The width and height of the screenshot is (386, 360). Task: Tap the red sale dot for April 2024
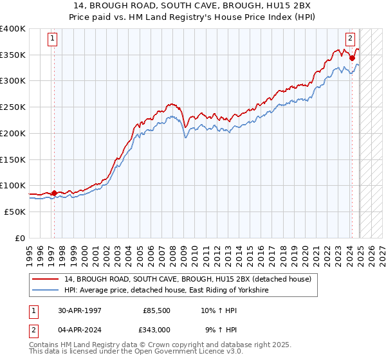coord(353,58)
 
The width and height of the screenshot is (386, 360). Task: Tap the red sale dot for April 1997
coord(54,193)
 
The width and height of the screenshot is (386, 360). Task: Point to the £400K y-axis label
coord(12,29)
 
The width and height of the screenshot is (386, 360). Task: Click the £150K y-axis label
coord(12,159)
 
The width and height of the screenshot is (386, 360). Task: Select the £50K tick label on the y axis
coord(14,212)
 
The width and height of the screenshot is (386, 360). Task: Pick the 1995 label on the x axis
coord(30,251)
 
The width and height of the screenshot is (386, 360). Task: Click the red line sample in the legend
coord(44,279)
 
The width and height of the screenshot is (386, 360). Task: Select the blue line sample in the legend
coord(44,291)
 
